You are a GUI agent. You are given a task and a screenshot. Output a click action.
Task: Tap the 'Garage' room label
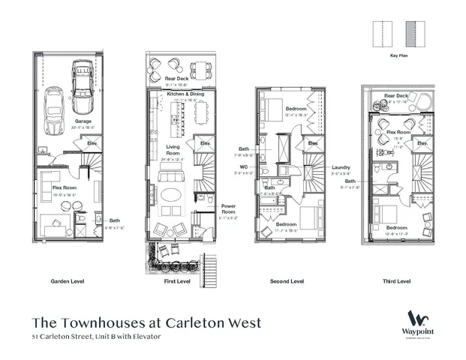[x=83, y=120]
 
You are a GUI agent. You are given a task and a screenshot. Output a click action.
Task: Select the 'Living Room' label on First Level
[x=172, y=151]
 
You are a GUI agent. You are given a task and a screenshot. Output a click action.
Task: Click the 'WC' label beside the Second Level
[x=243, y=166]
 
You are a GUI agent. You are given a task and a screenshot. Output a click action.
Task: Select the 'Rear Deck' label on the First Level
[x=176, y=79]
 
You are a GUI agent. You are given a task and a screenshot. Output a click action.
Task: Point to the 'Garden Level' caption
[x=68, y=281]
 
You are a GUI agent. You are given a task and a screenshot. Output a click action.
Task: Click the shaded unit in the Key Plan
[x=411, y=34]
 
